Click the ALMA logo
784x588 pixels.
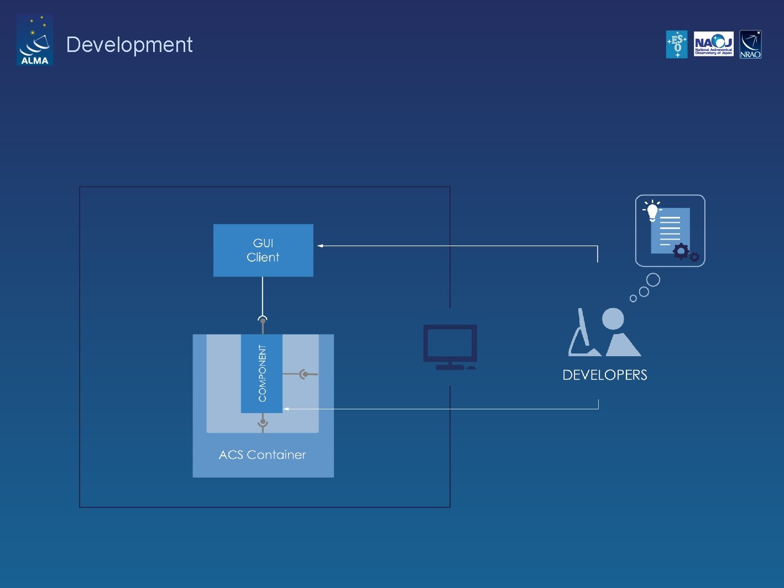coord(34,40)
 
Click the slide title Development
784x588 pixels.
coord(129,45)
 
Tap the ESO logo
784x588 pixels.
coord(677,44)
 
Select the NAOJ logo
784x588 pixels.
coord(713,44)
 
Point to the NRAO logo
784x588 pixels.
coord(750,44)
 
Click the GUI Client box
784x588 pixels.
coord(263,250)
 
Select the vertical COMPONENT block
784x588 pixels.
coord(262,373)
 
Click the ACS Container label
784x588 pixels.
coord(262,455)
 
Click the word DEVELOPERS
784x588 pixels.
coord(605,375)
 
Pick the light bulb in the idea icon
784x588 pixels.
coord(652,211)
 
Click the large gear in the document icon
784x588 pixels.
coord(681,252)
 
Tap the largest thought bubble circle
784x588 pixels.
coord(653,280)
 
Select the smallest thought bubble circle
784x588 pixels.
coord(633,299)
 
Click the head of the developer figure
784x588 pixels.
coord(613,319)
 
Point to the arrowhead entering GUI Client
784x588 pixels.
coord(320,246)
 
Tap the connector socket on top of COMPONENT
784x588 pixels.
coord(263,320)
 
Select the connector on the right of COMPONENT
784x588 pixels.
coord(304,374)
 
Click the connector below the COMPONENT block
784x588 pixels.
coord(263,423)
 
